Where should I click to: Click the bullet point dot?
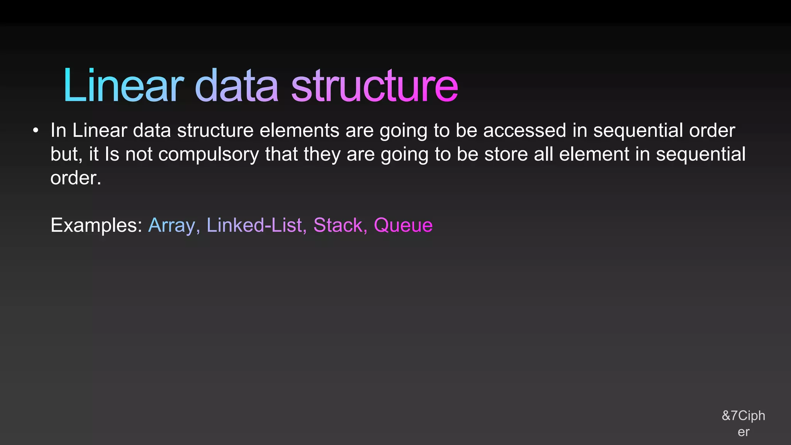[x=36, y=131]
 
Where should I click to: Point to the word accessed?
[x=525, y=131]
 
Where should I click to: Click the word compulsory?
[x=209, y=155]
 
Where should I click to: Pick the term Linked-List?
[x=255, y=225]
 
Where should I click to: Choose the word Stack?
[x=338, y=225]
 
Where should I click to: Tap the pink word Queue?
[x=403, y=225]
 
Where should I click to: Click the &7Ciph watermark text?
[x=743, y=416]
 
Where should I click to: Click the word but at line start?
[x=64, y=155]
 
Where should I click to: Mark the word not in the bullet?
[x=139, y=155]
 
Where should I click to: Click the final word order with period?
[x=76, y=178]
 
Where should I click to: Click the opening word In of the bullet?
[x=58, y=131]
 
